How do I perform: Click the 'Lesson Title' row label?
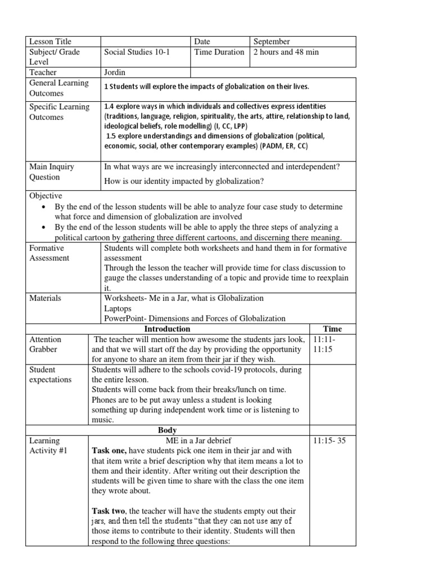click(50, 42)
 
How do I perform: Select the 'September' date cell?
click(272, 42)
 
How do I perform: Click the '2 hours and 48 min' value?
click(286, 52)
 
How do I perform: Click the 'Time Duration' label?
click(219, 52)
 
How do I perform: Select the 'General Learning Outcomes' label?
click(59, 88)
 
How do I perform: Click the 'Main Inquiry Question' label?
click(52, 172)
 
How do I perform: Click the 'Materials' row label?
click(45, 298)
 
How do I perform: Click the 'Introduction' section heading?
click(167, 329)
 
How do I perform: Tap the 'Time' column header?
click(332, 329)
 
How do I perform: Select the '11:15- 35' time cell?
click(329, 441)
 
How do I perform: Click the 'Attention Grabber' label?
click(46, 344)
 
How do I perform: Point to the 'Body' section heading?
click(167, 430)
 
